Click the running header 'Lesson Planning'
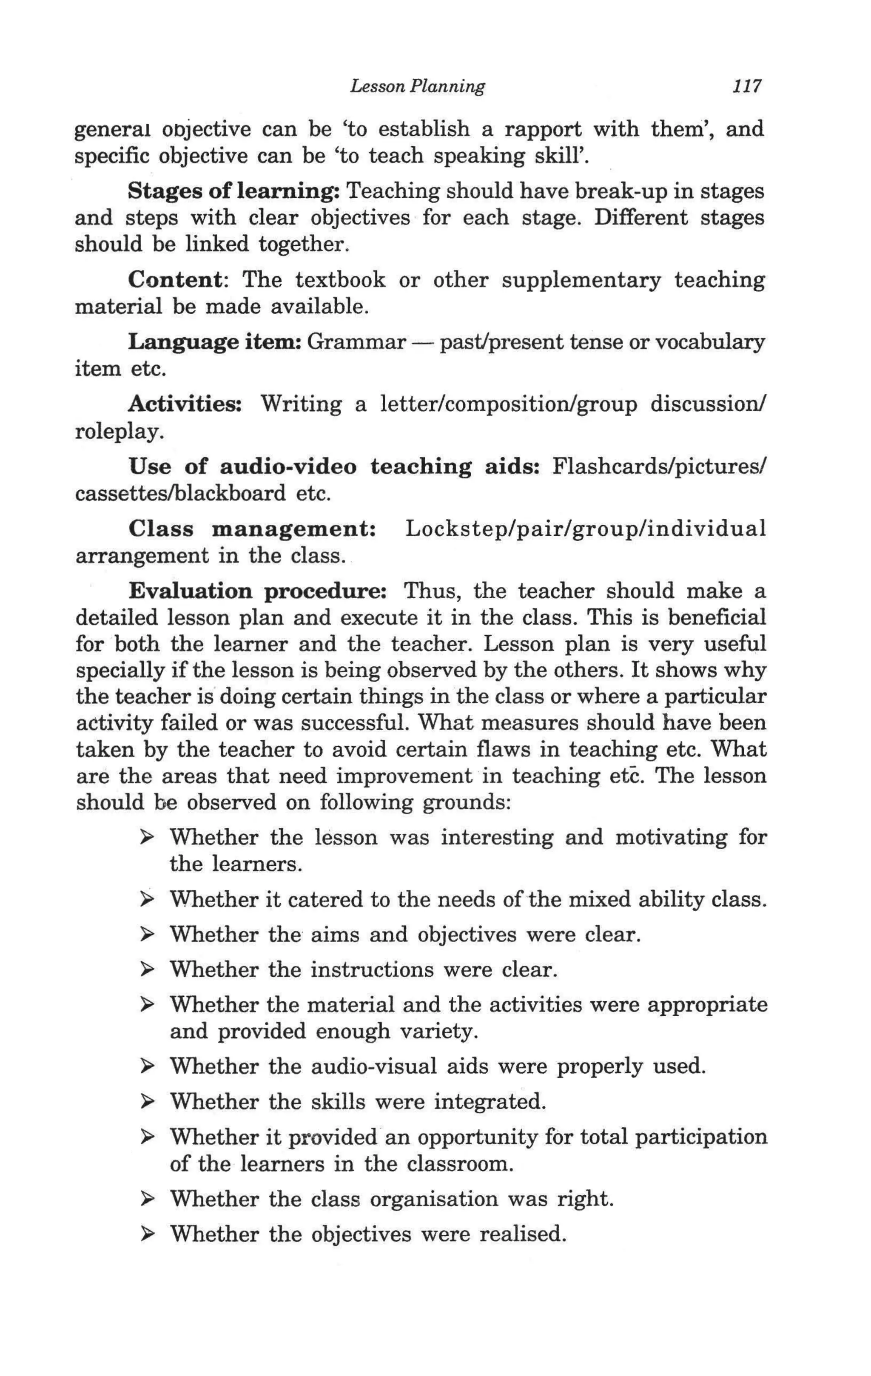(x=417, y=86)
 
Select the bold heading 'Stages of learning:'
(x=234, y=191)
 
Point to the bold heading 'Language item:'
(x=215, y=342)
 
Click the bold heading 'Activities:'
(x=185, y=404)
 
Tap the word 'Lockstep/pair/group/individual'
(x=585, y=529)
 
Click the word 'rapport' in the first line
(x=542, y=129)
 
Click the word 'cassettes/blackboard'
(x=180, y=493)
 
